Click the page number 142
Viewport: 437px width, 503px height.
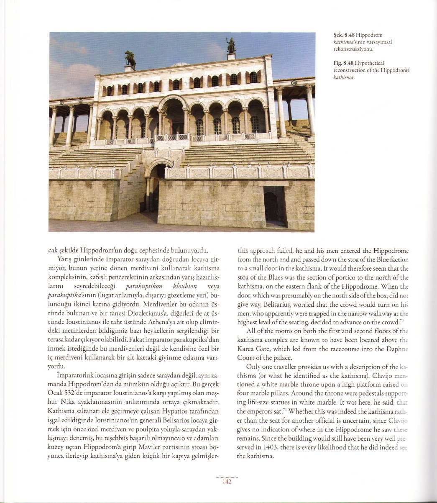coord(227,482)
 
